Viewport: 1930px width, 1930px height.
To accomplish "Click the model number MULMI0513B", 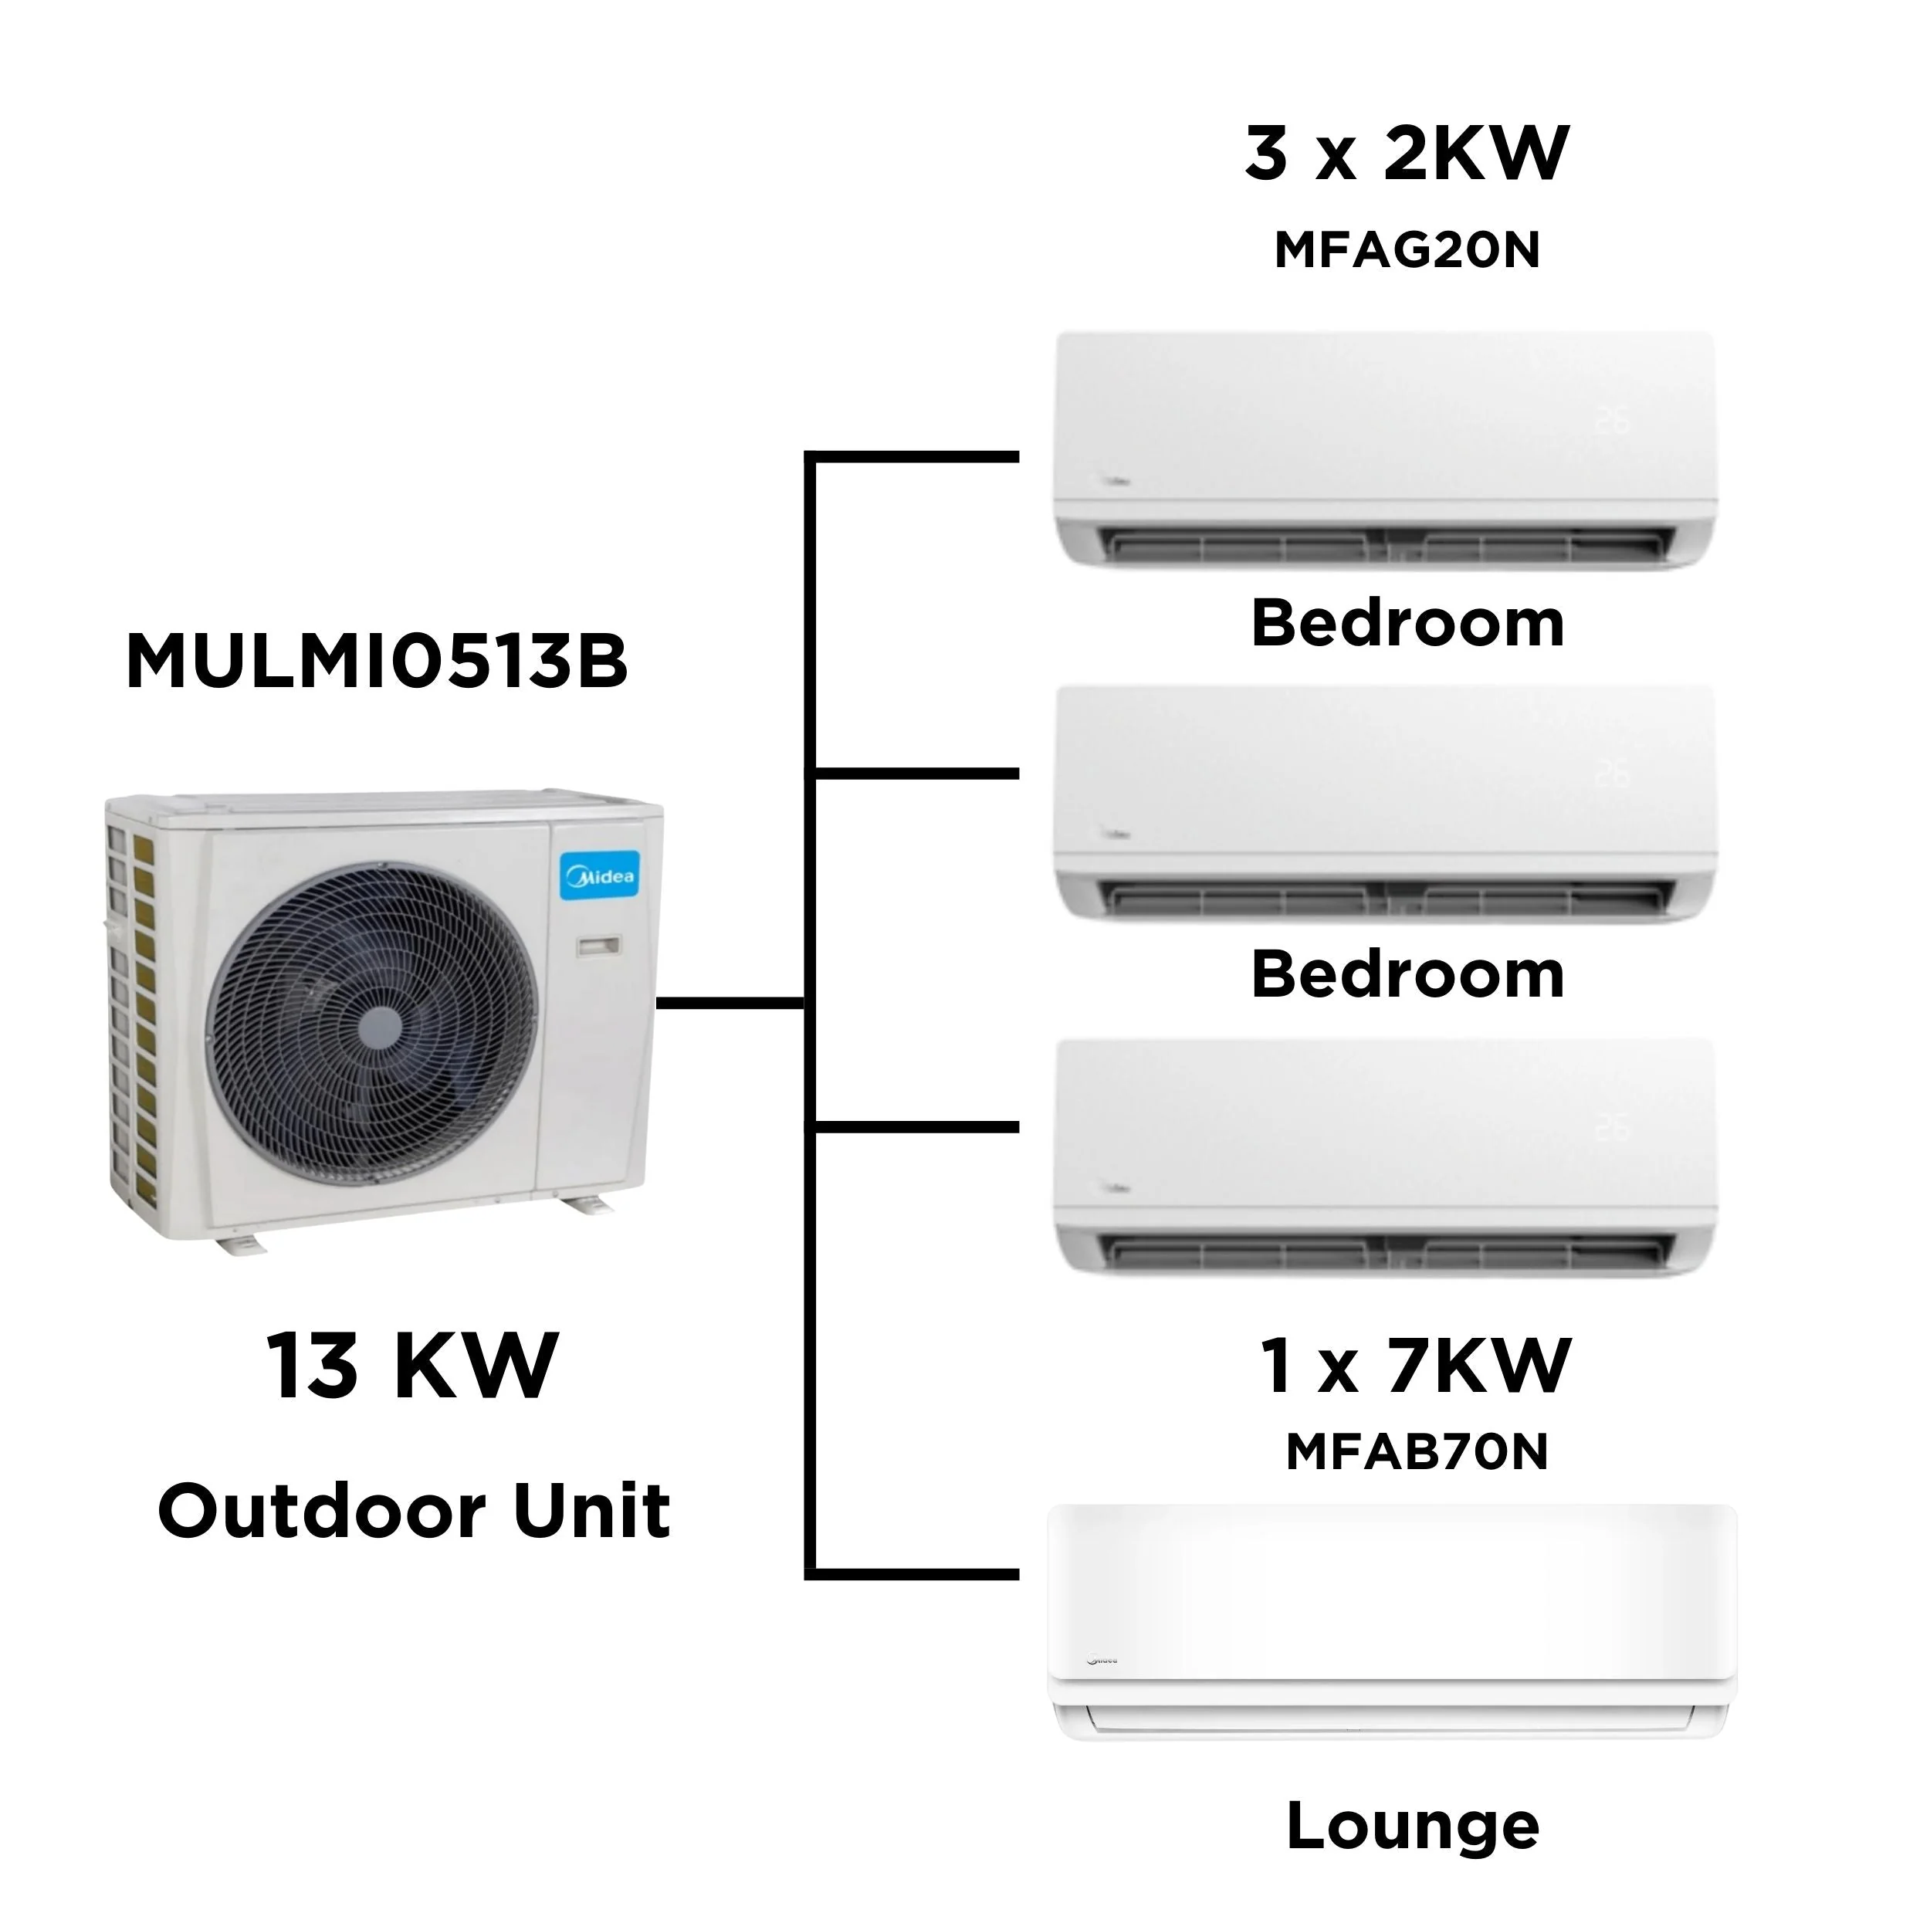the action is pos(377,662).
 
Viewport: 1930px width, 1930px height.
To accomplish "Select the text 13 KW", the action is pos(411,1366).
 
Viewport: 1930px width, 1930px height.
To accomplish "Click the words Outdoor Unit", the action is pos(414,1511).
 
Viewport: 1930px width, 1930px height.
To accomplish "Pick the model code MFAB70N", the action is pos(1416,1452).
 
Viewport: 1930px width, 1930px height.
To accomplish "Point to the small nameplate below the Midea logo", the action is pos(598,944).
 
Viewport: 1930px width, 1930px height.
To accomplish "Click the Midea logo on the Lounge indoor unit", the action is pos(1101,1661).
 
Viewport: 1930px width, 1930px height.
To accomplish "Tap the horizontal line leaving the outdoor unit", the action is pos(730,1001).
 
